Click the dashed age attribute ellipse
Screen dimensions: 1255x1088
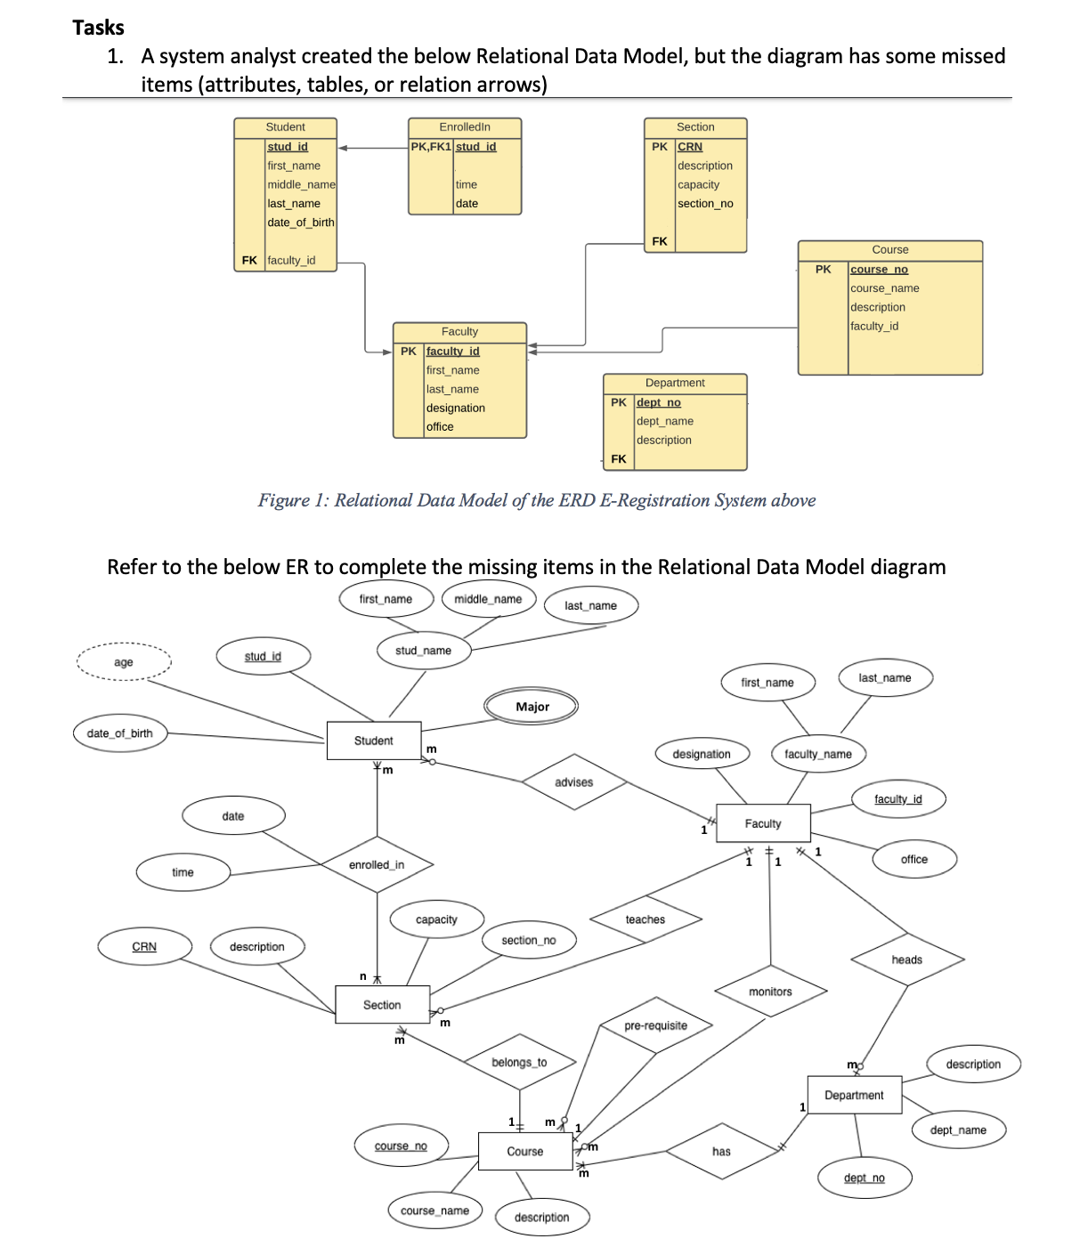coord(124,661)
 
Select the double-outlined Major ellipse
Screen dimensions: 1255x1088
coord(532,707)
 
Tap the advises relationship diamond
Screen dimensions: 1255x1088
coord(573,782)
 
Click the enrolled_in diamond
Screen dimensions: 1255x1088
coord(377,864)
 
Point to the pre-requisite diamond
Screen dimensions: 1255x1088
coord(655,1025)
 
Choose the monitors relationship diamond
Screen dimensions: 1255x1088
coord(770,992)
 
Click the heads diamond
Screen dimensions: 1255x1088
coord(907,959)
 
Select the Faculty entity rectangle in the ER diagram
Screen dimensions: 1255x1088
coord(763,823)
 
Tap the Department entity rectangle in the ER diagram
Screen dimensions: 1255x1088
coord(854,1095)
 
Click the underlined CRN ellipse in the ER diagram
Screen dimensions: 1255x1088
coord(144,946)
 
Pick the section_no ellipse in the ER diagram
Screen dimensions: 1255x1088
coord(529,940)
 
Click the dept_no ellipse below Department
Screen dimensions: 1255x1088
coord(865,1178)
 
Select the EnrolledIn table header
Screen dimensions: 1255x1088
coord(465,127)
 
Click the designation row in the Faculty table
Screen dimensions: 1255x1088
coord(456,408)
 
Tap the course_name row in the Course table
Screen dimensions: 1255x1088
coord(885,288)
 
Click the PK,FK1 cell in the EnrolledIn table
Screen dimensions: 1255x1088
coord(431,147)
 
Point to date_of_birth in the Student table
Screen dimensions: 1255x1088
coord(301,223)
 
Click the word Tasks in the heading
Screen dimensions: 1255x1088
coord(98,28)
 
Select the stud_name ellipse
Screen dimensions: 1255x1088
coord(423,651)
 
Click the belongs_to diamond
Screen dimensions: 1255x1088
coord(519,1062)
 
